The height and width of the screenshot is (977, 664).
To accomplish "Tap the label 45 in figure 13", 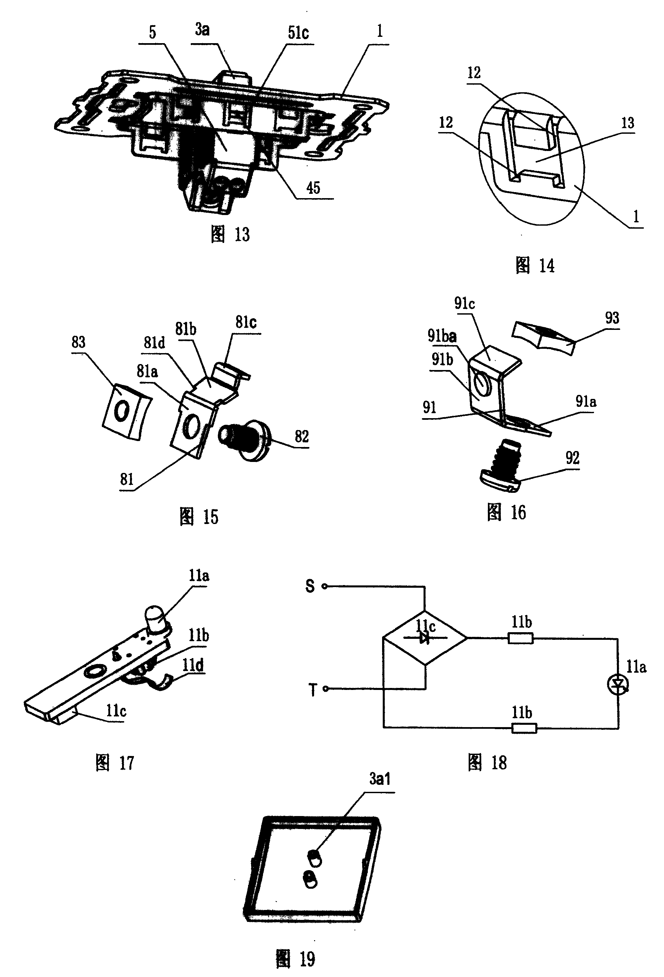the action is click(313, 188).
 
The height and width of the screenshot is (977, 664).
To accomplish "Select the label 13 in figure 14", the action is click(628, 123).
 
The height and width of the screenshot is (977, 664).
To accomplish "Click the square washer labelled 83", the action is click(127, 411).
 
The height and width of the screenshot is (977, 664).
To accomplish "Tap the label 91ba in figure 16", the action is click(442, 336).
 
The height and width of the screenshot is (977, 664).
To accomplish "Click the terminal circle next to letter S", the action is click(324, 586).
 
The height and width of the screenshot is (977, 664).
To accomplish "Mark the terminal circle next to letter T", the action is click(325, 689).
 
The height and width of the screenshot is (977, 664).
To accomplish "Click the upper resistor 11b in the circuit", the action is click(521, 639).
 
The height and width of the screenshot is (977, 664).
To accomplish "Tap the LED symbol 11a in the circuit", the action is click(618, 686).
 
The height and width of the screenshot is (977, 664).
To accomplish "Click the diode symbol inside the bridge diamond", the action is click(425, 639).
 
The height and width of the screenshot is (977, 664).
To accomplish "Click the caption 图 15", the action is click(199, 517).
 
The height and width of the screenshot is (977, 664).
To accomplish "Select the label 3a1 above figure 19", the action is click(380, 779).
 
